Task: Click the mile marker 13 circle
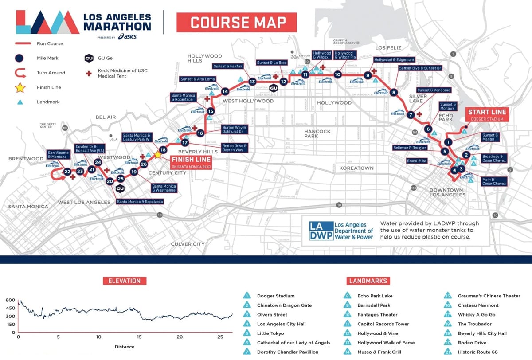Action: (x=252, y=82)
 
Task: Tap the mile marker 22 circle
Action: (x=67, y=172)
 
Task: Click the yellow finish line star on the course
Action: (x=157, y=155)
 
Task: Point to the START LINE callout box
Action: (x=487, y=114)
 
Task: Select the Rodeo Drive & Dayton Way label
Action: (x=235, y=148)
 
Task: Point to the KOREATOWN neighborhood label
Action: (x=356, y=168)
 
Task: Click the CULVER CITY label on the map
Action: (x=188, y=244)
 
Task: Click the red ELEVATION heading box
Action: (x=125, y=281)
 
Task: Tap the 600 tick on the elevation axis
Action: (x=10, y=300)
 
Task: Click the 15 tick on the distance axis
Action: (x=139, y=337)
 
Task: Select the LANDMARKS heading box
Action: (x=368, y=281)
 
